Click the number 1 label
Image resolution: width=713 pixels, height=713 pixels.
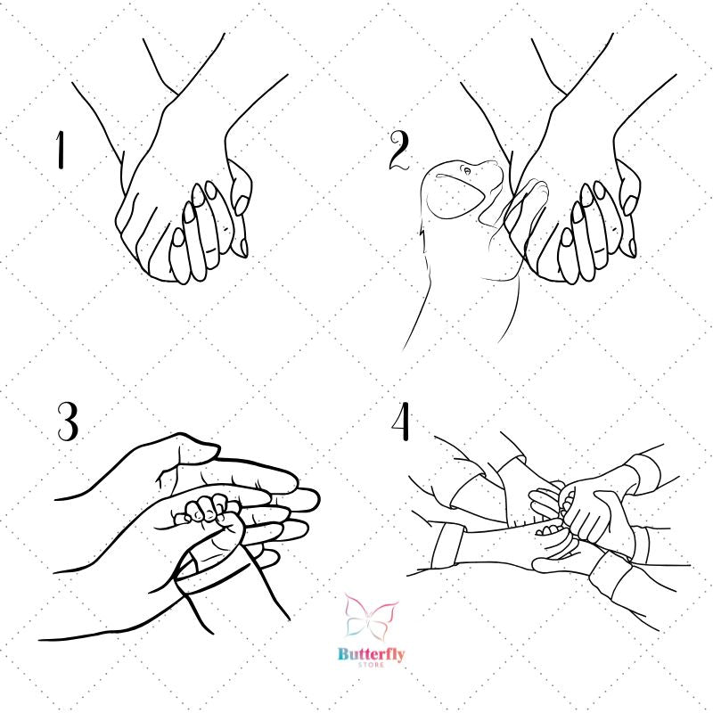pyautogui.click(x=60, y=150)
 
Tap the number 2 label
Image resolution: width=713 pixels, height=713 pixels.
pyautogui.click(x=399, y=150)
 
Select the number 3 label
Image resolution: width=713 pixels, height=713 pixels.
pyautogui.click(x=68, y=421)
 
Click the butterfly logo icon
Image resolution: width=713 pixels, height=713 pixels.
pyautogui.click(x=371, y=616)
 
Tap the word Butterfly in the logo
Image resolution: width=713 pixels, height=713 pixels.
pyautogui.click(x=371, y=655)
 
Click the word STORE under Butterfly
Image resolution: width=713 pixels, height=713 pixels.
pyautogui.click(x=371, y=665)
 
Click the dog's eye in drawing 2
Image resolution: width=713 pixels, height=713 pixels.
pyautogui.click(x=467, y=170)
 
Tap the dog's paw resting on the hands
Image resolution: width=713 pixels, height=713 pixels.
pyautogui.click(x=529, y=193)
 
